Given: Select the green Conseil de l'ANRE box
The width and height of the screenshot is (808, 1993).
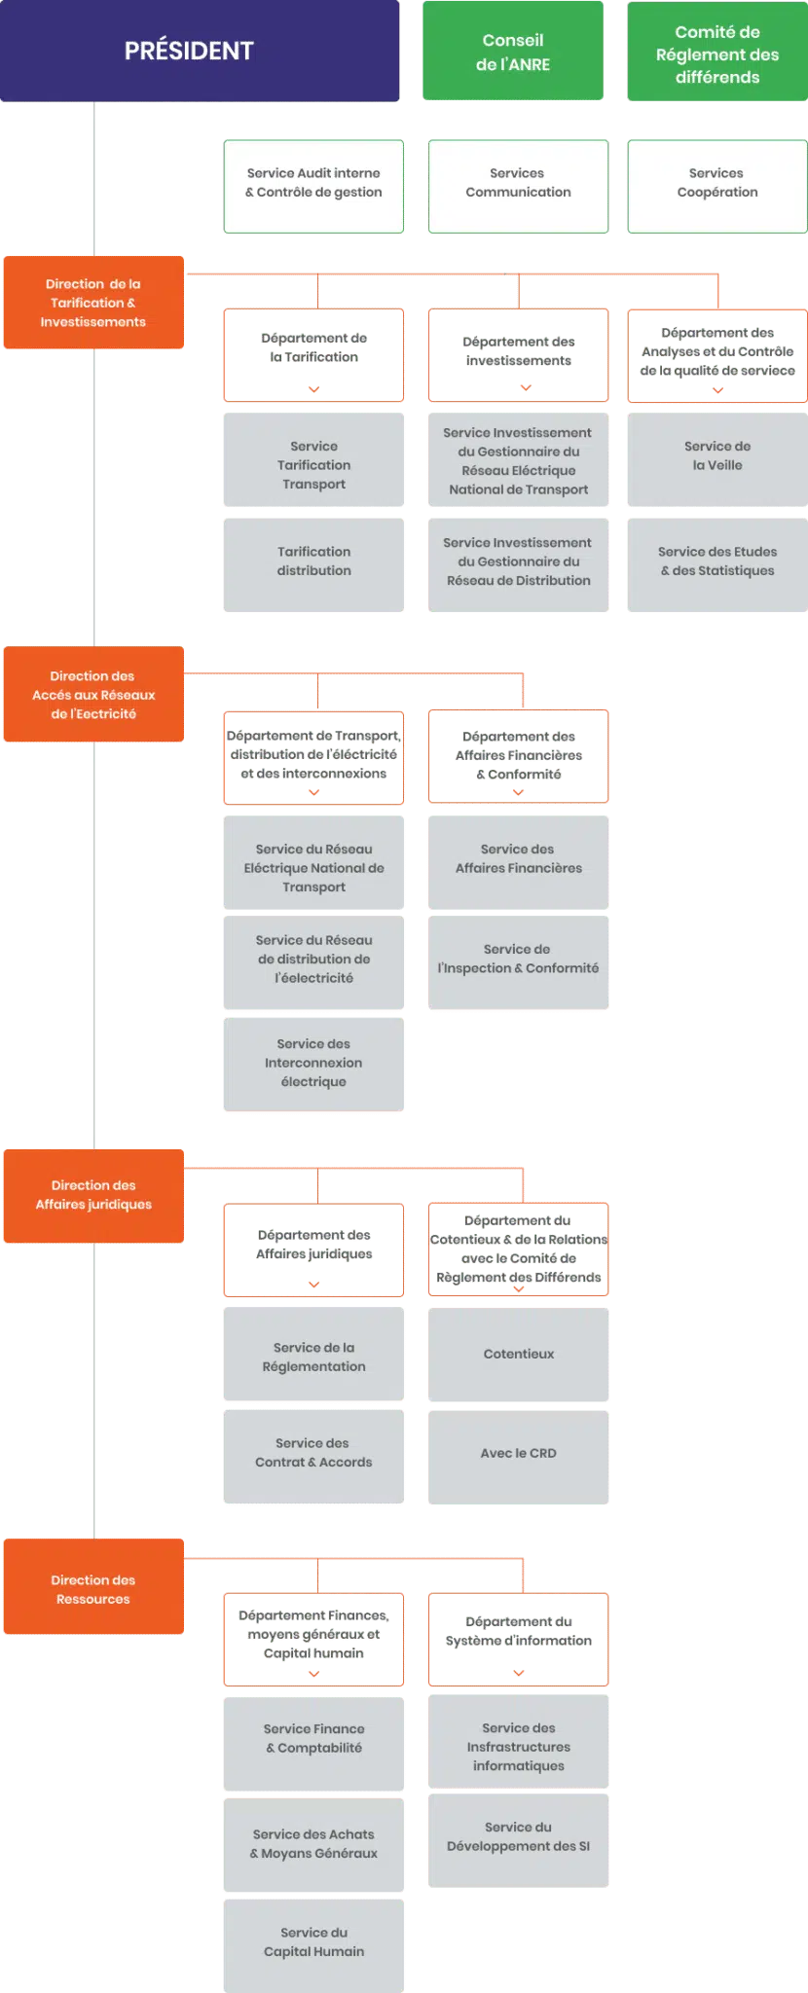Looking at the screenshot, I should (513, 52).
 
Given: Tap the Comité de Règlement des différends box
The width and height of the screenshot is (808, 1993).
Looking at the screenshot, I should (716, 54).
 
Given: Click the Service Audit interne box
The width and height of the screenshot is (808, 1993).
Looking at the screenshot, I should (313, 185).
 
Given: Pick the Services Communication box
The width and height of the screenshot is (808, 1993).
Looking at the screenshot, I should (518, 185).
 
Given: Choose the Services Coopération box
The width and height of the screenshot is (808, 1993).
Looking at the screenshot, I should (716, 185).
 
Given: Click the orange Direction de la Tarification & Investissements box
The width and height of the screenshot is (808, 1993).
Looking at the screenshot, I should (93, 303).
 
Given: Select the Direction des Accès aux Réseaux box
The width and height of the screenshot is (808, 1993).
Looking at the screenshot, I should (93, 695).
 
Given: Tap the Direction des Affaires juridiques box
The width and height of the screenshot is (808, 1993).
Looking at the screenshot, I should (93, 1195).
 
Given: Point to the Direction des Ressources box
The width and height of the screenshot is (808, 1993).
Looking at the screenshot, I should (93, 1590).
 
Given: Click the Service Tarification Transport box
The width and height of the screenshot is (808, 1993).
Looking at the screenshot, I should (313, 464).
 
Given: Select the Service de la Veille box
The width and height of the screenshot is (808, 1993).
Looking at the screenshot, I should (716, 457).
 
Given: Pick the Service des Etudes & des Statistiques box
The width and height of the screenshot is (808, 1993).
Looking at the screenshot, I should (716, 562).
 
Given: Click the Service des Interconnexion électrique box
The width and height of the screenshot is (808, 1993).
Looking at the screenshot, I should (313, 1063).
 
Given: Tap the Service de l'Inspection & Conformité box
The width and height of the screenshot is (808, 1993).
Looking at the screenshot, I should (518, 960).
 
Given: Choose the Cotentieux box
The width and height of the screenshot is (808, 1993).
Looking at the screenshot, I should (518, 1355).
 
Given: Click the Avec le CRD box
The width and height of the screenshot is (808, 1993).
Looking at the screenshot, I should (518, 1454).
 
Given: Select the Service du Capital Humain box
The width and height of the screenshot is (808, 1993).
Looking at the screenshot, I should (313, 1942).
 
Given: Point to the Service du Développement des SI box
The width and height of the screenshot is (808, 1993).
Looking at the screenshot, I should (518, 1837).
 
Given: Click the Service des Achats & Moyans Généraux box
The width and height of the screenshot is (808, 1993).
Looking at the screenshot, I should (313, 1844).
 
